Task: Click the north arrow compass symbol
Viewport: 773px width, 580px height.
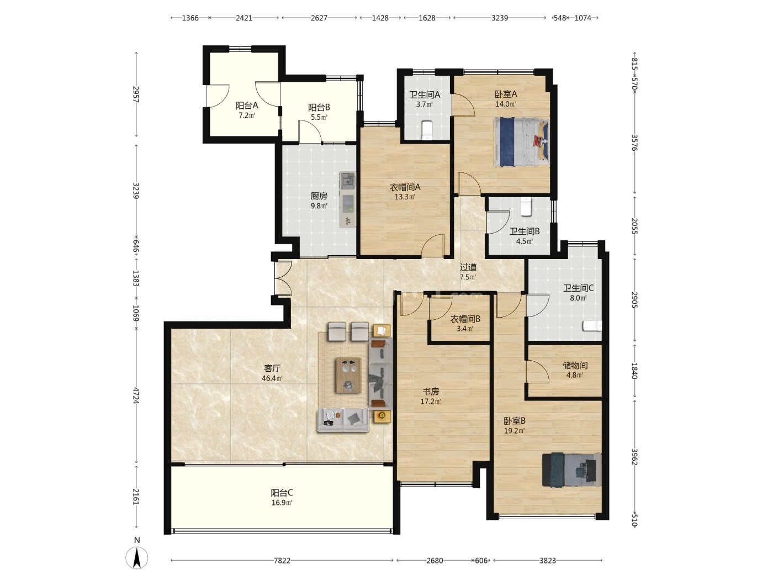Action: [x=136, y=557]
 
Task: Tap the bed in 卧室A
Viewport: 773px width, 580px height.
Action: [x=522, y=142]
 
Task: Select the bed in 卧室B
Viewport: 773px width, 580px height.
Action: [x=571, y=470]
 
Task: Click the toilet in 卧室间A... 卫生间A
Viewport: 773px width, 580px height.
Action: [x=427, y=130]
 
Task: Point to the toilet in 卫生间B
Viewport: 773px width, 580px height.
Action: [x=526, y=207]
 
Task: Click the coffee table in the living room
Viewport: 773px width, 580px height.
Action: [x=348, y=375]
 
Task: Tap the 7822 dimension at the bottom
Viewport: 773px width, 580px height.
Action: [x=282, y=561]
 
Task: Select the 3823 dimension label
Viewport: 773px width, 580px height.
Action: [x=548, y=561]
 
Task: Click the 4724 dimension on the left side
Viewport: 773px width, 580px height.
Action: [x=136, y=396]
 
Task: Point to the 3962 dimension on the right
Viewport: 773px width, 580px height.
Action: [x=634, y=456]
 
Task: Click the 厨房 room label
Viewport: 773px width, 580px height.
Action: [x=319, y=196]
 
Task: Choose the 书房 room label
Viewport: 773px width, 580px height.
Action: [x=431, y=391]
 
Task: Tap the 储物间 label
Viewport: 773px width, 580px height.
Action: [x=575, y=365]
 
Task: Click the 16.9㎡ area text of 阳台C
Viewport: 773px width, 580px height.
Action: [x=282, y=503]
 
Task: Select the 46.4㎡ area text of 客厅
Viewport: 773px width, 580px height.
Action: [x=272, y=378]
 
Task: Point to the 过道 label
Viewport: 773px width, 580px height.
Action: [x=468, y=267]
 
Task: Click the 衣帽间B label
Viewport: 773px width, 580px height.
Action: [x=465, y=319]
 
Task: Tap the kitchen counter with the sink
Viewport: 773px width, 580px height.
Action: [x=348, y=199]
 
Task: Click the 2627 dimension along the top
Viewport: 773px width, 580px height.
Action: [x=319, y=18]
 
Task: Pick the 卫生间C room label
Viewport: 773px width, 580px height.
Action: [x=578, y=288]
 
